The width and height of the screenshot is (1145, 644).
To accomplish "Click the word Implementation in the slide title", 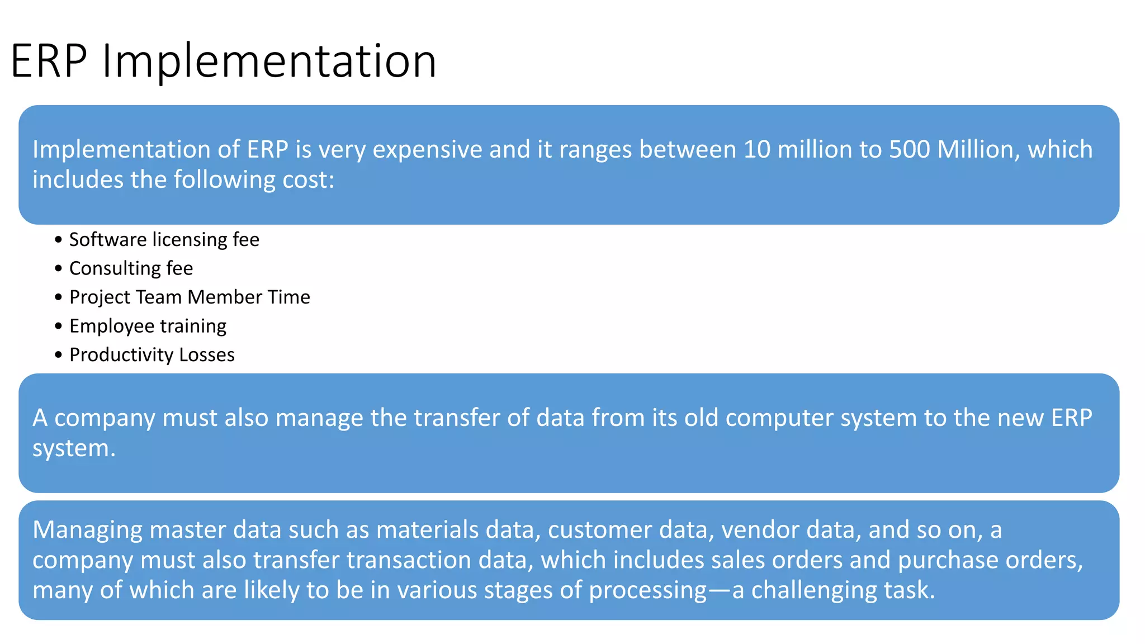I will tap(268, 61).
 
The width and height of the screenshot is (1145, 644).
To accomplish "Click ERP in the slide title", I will tap(49, 61).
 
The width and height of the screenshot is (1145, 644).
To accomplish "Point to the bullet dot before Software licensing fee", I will tap(59, 240).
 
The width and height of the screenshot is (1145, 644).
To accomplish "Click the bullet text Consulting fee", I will tap(131, 268).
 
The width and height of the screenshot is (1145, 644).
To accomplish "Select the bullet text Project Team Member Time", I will tap(190, 297).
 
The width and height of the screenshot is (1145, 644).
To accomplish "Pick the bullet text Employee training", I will tap(148, 326).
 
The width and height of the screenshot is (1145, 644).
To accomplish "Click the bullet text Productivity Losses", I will tap(152, 354).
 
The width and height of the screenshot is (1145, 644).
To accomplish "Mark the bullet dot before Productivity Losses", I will tap(59, 355).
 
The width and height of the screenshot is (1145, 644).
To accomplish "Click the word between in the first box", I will tap(687, 150).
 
